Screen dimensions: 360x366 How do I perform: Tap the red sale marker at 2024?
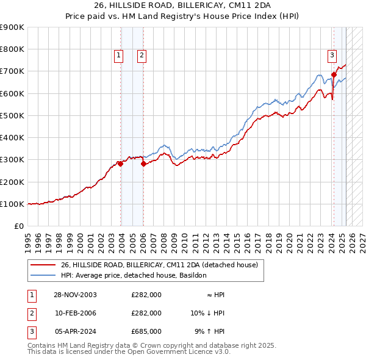[x=334, y=74]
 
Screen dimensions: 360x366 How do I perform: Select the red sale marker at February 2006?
[x=143, y=164]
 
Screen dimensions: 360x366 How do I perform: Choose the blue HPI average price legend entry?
[x=134, y=275]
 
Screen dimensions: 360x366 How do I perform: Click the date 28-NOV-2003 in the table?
[x=75, y=295]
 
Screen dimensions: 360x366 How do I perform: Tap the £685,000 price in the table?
[x=146, y=331]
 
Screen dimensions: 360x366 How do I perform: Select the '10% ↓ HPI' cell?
[x=207, y=313]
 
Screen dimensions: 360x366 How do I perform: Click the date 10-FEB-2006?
[x=75, y=313]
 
